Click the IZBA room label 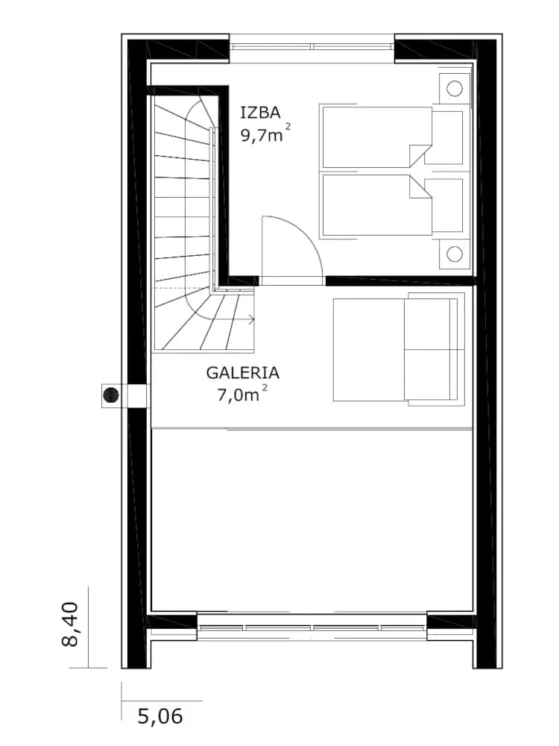click(x=260, y=113)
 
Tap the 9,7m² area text click(x=265, y=134)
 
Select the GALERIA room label click(x=242, y=372)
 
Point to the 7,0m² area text click(x=242, y=393)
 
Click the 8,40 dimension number click(x=70, y=624)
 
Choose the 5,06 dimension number click(x=160, y=716)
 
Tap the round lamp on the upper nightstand click(x=455, y=89)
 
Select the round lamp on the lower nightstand click(x=455, y=254)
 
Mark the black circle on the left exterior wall click(x=111, y=395)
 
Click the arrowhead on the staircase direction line click(x=251, y=319)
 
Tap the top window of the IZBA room click(x=312, y=46)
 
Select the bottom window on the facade click(x=312, y=627)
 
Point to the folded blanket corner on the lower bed click(x=420, y=187)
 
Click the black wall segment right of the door click(x=400, y=280)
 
